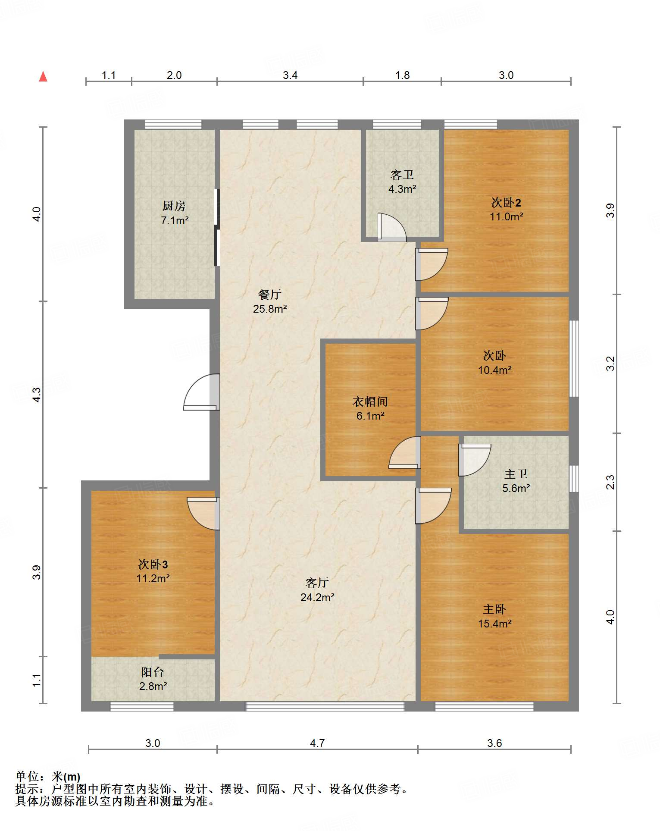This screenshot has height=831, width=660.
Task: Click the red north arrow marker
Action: pos(43,76)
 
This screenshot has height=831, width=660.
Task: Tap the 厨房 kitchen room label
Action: pos(174,206)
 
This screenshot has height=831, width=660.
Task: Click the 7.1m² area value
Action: pos(175,220)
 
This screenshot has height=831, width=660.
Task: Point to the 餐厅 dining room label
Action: pos(270,295)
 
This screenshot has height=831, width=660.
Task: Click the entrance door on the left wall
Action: pos(201,392)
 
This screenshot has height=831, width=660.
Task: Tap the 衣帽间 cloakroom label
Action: pos(370,401)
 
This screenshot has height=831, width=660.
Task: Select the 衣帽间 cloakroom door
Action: pos(404,452)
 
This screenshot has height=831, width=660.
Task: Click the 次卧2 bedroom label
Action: pos(506,202)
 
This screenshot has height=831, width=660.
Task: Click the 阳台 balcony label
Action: pos(153,672)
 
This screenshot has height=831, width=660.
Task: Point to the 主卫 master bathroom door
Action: pos(475,460)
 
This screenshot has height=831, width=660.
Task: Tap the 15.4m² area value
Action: pos(495,624)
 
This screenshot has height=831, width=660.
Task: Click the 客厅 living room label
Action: pos(317,583)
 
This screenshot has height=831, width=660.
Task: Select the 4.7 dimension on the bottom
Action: pos(317,743)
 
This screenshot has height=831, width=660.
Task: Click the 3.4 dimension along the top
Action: pos(290,75)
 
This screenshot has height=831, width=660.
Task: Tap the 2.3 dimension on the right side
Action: pos(610,482)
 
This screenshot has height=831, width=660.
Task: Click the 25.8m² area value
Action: pos(270,309)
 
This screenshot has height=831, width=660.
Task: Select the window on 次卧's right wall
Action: pos(574,358)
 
